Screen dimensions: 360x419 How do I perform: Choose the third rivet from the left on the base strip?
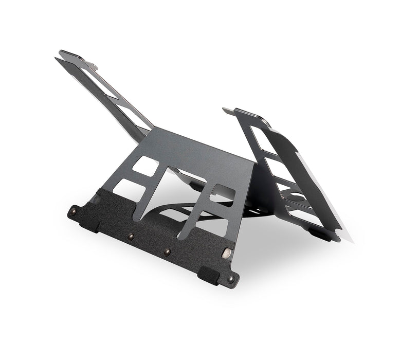pos(167,252)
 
